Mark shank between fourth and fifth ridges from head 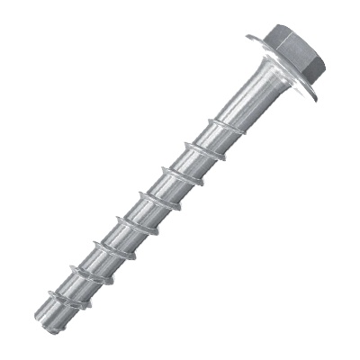click(x=127, y=216)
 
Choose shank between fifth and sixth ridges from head click(x=104, y=239)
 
